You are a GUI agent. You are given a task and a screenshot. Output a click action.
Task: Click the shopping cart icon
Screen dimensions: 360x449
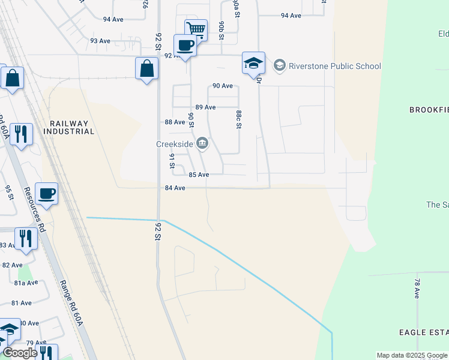(196, 29)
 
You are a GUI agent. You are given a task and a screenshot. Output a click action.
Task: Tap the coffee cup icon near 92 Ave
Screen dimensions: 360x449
(185, 45)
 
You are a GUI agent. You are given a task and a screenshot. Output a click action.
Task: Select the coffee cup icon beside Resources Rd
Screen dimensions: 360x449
(46, 193)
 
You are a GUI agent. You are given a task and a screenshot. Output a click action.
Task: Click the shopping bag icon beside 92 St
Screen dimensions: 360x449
(146, 68)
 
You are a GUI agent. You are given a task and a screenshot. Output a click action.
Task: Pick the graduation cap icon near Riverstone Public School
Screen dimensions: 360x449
(253, 62)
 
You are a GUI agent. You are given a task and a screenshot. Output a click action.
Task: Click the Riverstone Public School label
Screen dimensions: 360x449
(335, 66)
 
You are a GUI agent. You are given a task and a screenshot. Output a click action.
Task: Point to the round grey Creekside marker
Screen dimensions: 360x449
(203, 143)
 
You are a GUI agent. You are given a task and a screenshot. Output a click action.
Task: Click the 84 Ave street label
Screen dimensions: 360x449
(174, 188)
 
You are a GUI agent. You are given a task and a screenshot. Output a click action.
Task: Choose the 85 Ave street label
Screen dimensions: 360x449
(199, 175)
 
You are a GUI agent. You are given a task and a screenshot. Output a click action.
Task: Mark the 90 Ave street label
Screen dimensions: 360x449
(223, 86)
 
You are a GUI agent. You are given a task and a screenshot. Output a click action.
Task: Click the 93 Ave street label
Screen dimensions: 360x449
(100, 41)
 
